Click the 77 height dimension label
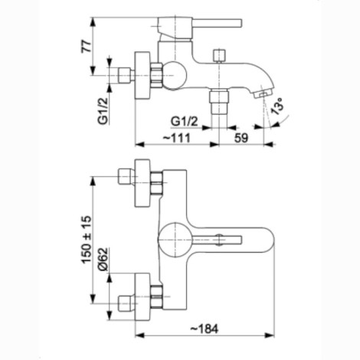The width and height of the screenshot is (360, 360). pyautogui.click(x=87, y=46)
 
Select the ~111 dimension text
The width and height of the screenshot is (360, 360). pyautogui.click(x=177, y=138)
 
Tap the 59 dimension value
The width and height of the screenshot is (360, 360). pyautogui.click(x=241, y=138)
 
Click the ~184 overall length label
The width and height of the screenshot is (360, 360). pyautogui.click(x=205, y=329)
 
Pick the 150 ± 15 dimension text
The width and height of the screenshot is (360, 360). pyautogui.click(x=87, y=240)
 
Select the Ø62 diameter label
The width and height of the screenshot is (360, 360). pyautogui.click(x=103, y=259)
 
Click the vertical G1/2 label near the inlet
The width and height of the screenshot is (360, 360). pyautogui.click(x=103, y=111)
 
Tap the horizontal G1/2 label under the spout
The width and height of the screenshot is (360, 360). pyautogui.click(x=185, y=122)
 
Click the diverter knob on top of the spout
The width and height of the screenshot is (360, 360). pyautogui.click(x=220, y=56)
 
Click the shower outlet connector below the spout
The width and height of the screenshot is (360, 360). pyautogui.click(x=218, y=101)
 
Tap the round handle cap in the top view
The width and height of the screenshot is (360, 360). pyautogui.click(x=175, y=240)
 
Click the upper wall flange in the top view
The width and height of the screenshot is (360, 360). pyautogui.click(x=142, y=183)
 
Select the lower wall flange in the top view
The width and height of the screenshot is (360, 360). pyautogui.click(x=142, y=296)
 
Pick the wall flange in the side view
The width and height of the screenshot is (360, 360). pyautogui.click(x=142, y=76)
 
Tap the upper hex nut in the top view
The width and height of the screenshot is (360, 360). pyautogui.click(x=156, y=183)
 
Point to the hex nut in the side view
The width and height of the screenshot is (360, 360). pyautogui.click(x=156, y=76)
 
